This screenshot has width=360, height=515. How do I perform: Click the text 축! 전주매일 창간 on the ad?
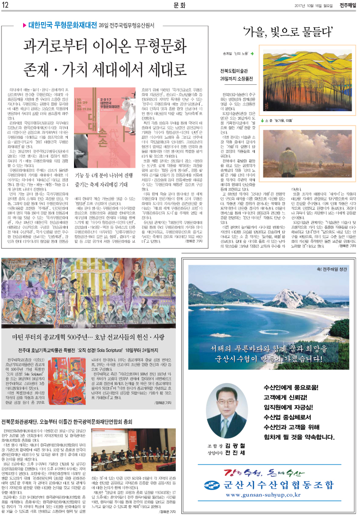tap(331, 270)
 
